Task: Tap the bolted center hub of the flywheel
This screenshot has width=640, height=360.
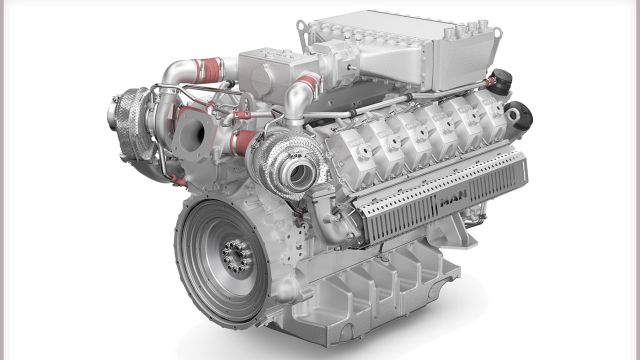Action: coord(236,256)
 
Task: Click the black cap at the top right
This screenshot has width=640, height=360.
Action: coord(501,82)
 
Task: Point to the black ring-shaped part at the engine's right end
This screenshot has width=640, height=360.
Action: coord(519,115)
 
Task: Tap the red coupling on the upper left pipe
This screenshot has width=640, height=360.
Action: coord(208,70)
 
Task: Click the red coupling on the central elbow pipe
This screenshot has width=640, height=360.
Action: coord(309,83)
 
